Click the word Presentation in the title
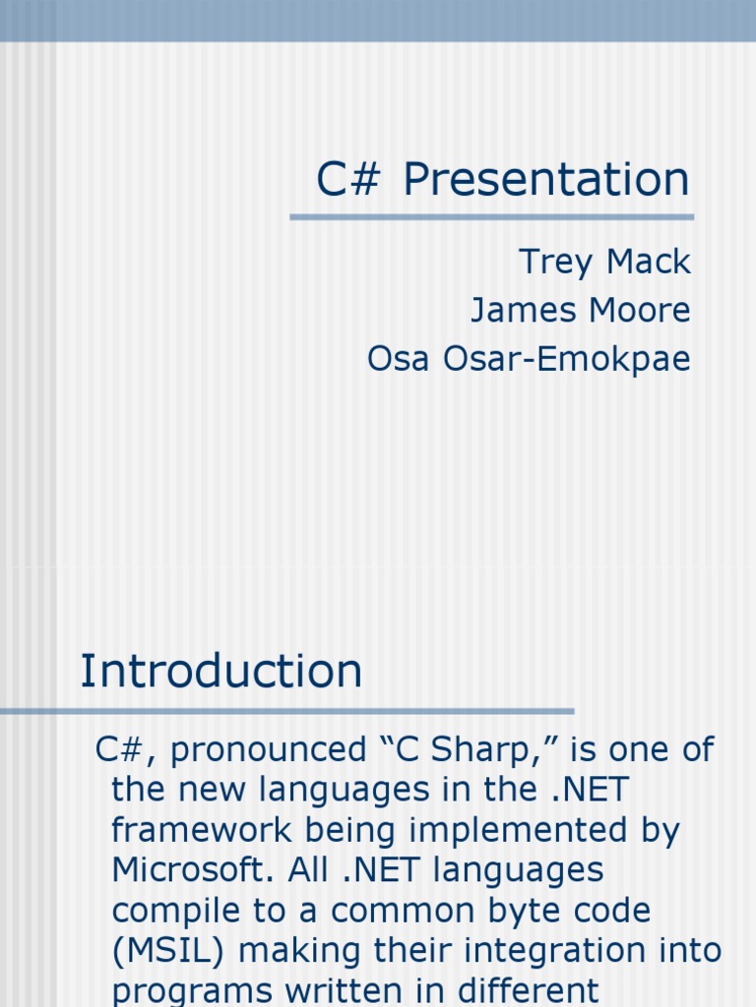[x=545, y=179]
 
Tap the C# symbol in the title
[x=348, y=179]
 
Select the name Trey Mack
[x=604, y=262]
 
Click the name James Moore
[x=581, y=310]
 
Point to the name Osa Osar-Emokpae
[x=529, y=358]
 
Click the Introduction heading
[x=221, y=671]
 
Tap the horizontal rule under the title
[x=492, y=217]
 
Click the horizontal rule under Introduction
[x=286, y=712]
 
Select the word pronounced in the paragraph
[x=268, y=750]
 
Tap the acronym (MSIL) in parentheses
[x=167, y=951]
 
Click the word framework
[x=202, y=829]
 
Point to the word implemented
[x=518, y=830]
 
